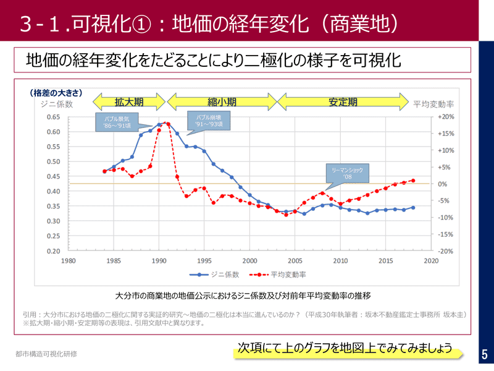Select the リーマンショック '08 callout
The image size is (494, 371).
pyautogui.click(x=347, y=174)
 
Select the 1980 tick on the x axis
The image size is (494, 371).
pyautogui.click(x=68, y=261)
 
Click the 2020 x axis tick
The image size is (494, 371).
pyautogui.click(x=431, y=261)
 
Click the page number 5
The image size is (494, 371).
pyautogui.click(x=484, y=354)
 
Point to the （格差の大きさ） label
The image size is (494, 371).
pyautogui.click(x=56, y=93)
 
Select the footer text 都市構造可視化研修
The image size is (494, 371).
pyautogui.click(x=47, y=354)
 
